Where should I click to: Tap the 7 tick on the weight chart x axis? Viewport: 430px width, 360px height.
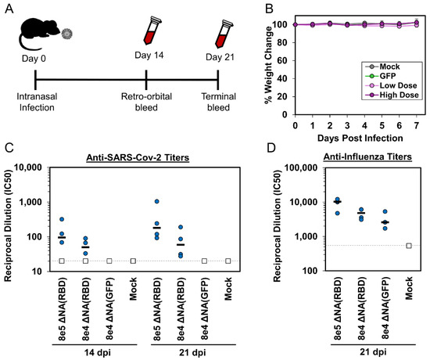pyautogui.click(x=416, y=124)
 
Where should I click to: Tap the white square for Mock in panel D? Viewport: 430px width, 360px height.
pyautogui.click(x=409, y=246)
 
